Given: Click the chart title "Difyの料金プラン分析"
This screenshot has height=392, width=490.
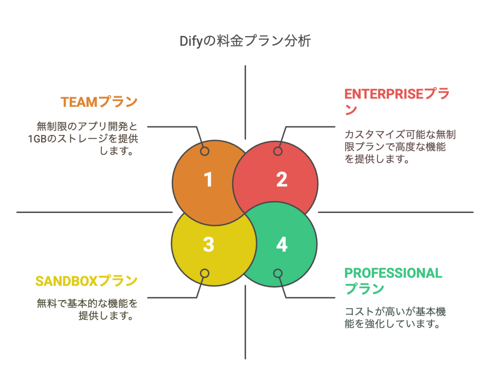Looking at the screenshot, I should (x=245, y=41).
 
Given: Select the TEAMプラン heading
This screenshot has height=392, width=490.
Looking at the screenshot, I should (x=99, y=102).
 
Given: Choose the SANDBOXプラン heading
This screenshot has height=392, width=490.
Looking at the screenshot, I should (x=86, y=280).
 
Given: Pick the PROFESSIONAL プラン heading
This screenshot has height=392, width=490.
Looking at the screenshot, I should (x=393, y=280).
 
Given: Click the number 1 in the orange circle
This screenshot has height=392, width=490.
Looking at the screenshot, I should (x=208, y=180).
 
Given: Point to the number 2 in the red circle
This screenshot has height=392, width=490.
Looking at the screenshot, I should (x=281, y=180).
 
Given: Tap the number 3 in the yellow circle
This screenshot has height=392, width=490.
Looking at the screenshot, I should (x=208, y=245).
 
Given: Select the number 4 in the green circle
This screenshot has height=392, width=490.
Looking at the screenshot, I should (x=281, y=245).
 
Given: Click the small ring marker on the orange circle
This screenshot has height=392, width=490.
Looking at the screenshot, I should (x=204, y=151).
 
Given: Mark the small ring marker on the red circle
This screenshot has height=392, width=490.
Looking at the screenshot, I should (x=278, y=151).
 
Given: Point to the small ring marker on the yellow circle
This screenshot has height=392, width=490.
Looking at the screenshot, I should (x=204, y=273).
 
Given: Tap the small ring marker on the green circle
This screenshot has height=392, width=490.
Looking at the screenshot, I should (x=278, y=273).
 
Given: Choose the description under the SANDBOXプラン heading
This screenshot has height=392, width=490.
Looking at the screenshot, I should (x=87, y=309).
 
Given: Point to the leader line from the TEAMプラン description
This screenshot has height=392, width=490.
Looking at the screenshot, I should (x=172, y=127).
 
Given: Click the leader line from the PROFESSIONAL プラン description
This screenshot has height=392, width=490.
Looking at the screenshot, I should (x=311, y=297).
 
